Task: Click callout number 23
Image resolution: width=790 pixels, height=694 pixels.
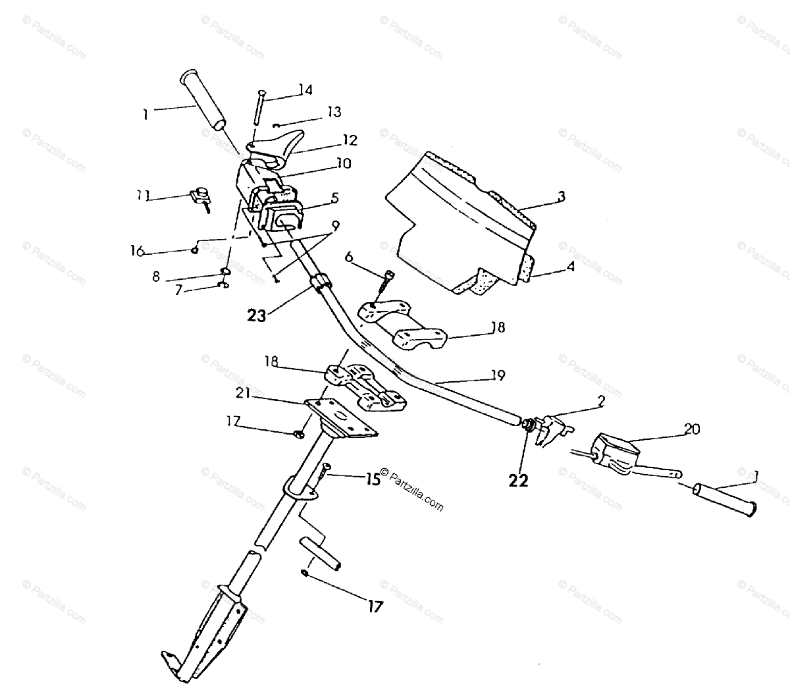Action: [x=257, y=315]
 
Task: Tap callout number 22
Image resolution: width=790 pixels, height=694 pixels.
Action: [x=519, y=481]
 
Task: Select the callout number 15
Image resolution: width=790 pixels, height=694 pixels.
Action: [x=373, y=479]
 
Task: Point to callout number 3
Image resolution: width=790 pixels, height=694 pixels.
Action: [x=562, y=196]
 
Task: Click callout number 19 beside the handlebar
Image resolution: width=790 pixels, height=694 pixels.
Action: [x=498, y=375]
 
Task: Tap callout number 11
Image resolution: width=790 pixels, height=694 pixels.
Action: [x=144, y=196]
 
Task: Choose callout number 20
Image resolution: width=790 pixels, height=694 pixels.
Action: [x=691, y=429]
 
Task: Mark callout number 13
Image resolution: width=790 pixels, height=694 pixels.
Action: [x=334, y=112]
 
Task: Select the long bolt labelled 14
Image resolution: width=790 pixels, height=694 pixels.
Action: [x=259, y=106]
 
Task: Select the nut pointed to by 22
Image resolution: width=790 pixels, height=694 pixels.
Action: [x=527, y=426]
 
